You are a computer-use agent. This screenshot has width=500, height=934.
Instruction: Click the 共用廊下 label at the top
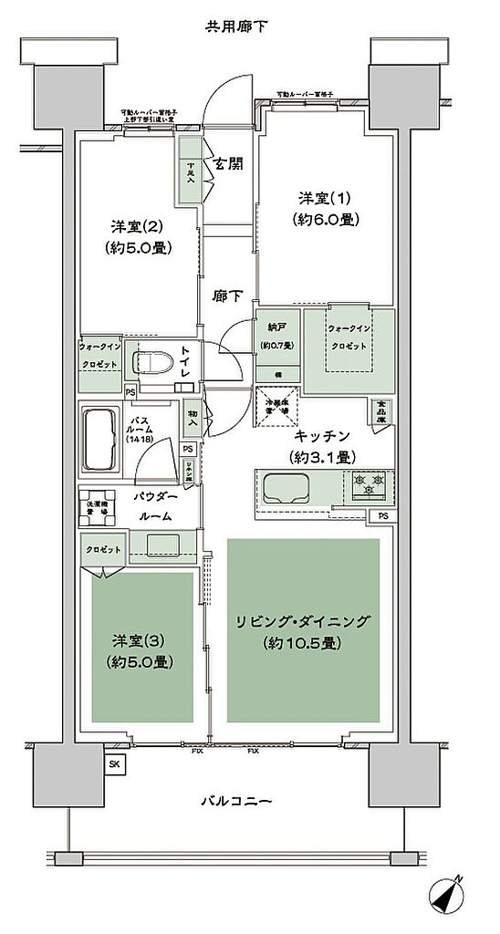242,26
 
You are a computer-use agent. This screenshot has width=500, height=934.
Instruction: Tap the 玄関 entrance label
228,165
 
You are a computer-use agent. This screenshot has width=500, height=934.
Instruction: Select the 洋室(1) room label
325,198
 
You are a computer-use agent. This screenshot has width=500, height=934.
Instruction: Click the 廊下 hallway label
228,296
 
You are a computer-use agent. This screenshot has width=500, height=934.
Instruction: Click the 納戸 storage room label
276,327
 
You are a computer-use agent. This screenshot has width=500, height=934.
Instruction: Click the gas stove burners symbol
369,483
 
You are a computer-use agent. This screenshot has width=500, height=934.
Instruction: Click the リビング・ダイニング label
303,623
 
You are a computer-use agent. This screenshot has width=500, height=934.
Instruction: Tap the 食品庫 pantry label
380,411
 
